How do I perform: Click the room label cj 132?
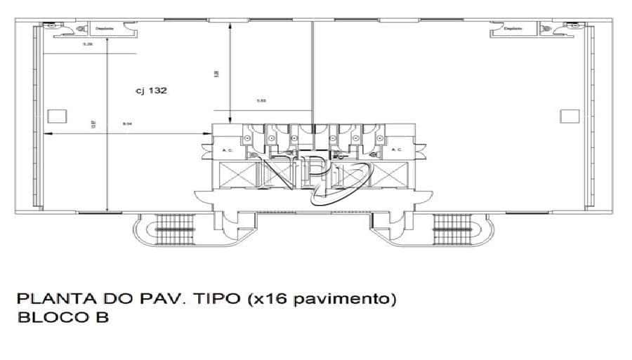149,90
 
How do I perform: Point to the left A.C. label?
228,149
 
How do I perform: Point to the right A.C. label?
397,149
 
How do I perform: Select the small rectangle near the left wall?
55,116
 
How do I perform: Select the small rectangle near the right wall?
570,116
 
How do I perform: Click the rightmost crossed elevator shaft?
388,173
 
